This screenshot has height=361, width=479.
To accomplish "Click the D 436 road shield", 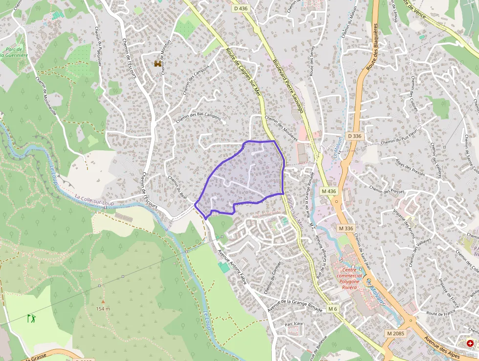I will tap(241, 8).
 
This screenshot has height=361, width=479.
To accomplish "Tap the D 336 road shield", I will tap(354, 135).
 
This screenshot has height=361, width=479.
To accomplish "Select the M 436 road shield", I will tap(329, 190).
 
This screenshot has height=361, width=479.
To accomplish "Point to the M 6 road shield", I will tap(332, 309).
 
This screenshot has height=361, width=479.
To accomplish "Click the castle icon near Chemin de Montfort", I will tap(158, 64).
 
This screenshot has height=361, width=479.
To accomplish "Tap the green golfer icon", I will tap(32, 318).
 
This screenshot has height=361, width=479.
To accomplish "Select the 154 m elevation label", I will tap(103, 309).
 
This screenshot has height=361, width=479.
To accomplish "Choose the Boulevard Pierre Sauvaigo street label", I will tap(288, 86).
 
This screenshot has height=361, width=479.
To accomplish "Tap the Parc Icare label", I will tap(295, 324).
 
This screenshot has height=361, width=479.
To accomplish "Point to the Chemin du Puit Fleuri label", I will tap(400, 142).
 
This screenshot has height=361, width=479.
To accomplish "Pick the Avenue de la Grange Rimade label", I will tap(295, 307).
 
